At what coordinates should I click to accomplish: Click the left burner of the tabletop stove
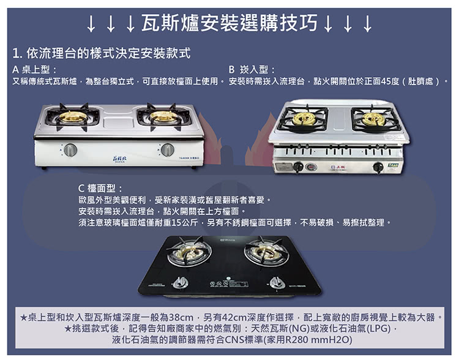(x=72, y=116)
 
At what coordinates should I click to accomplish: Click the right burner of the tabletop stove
(x=163, y=116)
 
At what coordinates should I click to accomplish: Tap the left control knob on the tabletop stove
(x=70, y=150)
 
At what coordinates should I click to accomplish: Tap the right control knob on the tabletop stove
(x=167, y=150)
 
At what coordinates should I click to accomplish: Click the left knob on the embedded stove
(x=299, y=167)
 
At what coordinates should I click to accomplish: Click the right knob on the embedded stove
(x=378, y=167)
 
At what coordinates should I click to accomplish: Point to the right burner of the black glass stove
(x=265, y=252)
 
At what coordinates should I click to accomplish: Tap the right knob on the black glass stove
(x=277, y=282)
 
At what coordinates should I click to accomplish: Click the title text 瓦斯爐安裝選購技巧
(x=229, y=23)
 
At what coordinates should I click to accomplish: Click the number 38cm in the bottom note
(x=181, y=317)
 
